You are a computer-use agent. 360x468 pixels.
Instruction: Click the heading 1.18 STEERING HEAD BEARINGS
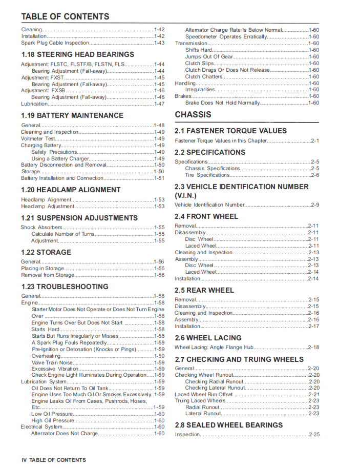tap(77, 54)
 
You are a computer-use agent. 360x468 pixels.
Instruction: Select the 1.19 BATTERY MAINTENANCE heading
tap(72, 115)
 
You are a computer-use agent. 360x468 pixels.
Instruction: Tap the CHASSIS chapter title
tap(193, 114)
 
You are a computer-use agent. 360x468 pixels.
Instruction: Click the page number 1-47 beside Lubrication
tap(159, 104)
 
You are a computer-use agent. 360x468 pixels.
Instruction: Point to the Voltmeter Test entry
tap(38, 139)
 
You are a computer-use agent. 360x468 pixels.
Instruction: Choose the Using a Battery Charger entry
tap(60, 159)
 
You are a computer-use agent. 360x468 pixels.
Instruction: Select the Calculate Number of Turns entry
tap(63, 234)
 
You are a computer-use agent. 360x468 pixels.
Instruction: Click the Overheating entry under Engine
tap(46, 356)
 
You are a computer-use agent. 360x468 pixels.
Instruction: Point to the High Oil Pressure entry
tap(53, 421)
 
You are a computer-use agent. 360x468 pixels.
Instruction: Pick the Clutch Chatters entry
tap(204, 77)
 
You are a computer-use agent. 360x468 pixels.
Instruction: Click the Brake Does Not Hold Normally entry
tap(223, 103)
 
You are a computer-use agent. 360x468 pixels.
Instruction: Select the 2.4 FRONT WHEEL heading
tap(206, 216)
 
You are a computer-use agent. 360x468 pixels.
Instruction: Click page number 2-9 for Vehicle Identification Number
tap(314, 205)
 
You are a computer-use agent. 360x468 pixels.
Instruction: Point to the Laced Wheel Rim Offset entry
tap(204, 395)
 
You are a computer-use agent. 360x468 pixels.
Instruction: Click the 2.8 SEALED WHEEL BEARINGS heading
tap(228, 425)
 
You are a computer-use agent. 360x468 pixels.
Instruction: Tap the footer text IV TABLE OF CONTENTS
tap(54, 460)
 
